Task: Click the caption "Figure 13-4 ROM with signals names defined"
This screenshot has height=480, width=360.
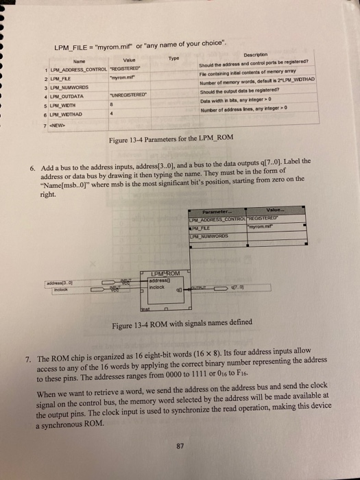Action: tap(197, 324)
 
